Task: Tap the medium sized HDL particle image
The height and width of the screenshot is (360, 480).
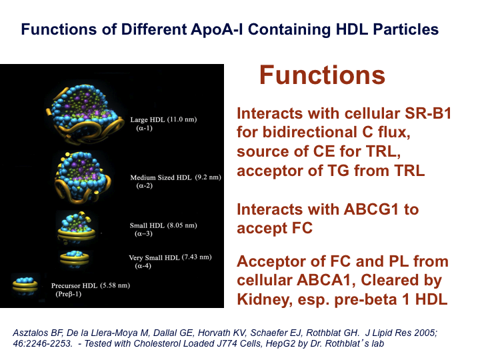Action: (x=83, y=177)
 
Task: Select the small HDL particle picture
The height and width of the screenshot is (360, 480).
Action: (x=77, y=227)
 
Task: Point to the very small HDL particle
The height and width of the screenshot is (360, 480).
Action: (x=75, y=259)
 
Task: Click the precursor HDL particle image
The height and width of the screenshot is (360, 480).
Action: (x=25, y=285)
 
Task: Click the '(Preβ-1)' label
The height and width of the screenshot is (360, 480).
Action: (x=69, y=294)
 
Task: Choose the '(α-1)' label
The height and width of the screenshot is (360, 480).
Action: (x=145, y=128)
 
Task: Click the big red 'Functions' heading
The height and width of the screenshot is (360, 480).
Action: (x=322, y=75)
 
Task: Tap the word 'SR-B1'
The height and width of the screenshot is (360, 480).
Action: (x=428, y=113)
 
